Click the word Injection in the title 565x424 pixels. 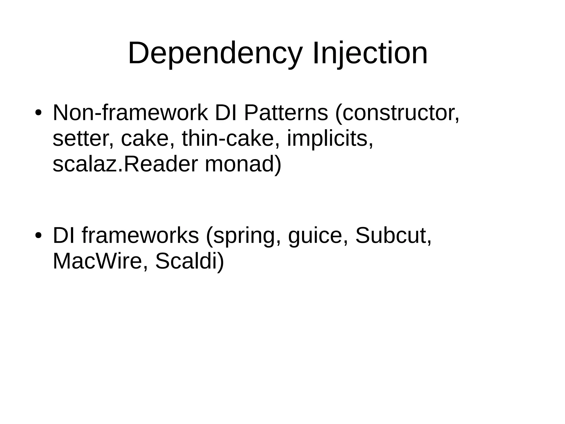point(370,53)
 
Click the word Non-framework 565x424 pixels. point(130,113)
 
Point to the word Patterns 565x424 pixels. point(286,113)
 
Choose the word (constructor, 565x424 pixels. point(397,113)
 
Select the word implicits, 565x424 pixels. point(330,138)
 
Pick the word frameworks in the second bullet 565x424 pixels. point(140,236)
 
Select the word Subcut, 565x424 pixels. point(393,236)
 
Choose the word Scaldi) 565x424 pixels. point(190,261)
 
